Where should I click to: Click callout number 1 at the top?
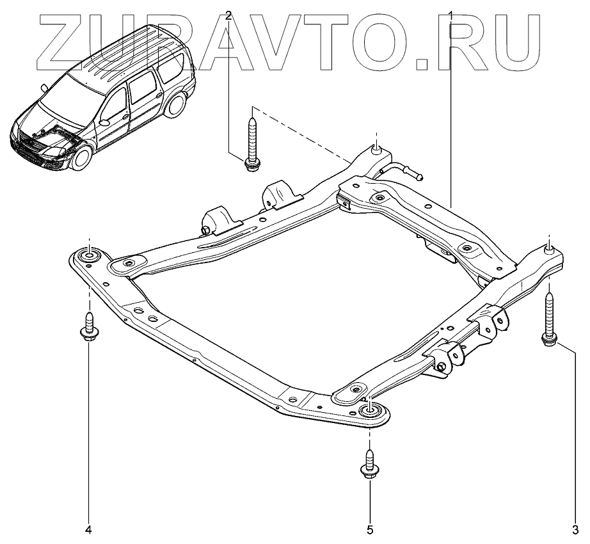pos(452,14)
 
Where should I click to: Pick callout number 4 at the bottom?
pos(89,529)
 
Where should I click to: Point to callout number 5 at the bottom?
pos(370,529)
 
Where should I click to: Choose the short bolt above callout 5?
pos(370,465)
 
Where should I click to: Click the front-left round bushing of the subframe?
pos(88,257)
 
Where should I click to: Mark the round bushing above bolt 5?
pos(370,412)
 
